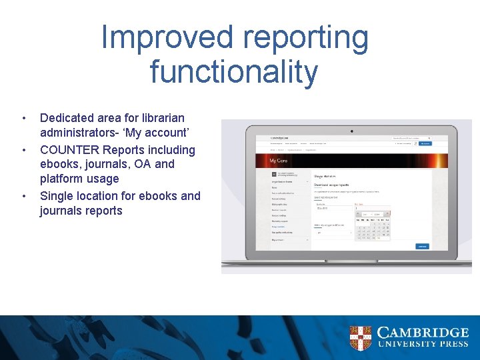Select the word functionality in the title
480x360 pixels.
(x=234, y=72)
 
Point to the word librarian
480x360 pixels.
(x=159, y=118)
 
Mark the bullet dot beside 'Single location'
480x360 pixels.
(x=25, y=196)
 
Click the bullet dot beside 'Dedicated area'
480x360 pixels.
(x=25, y=119)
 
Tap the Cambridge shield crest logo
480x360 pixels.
(x=360, y=338)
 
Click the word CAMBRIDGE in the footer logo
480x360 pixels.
(x=423, y=333)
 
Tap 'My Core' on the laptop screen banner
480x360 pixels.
(x=278, y=161)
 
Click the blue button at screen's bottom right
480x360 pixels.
(x=422, y=246)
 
